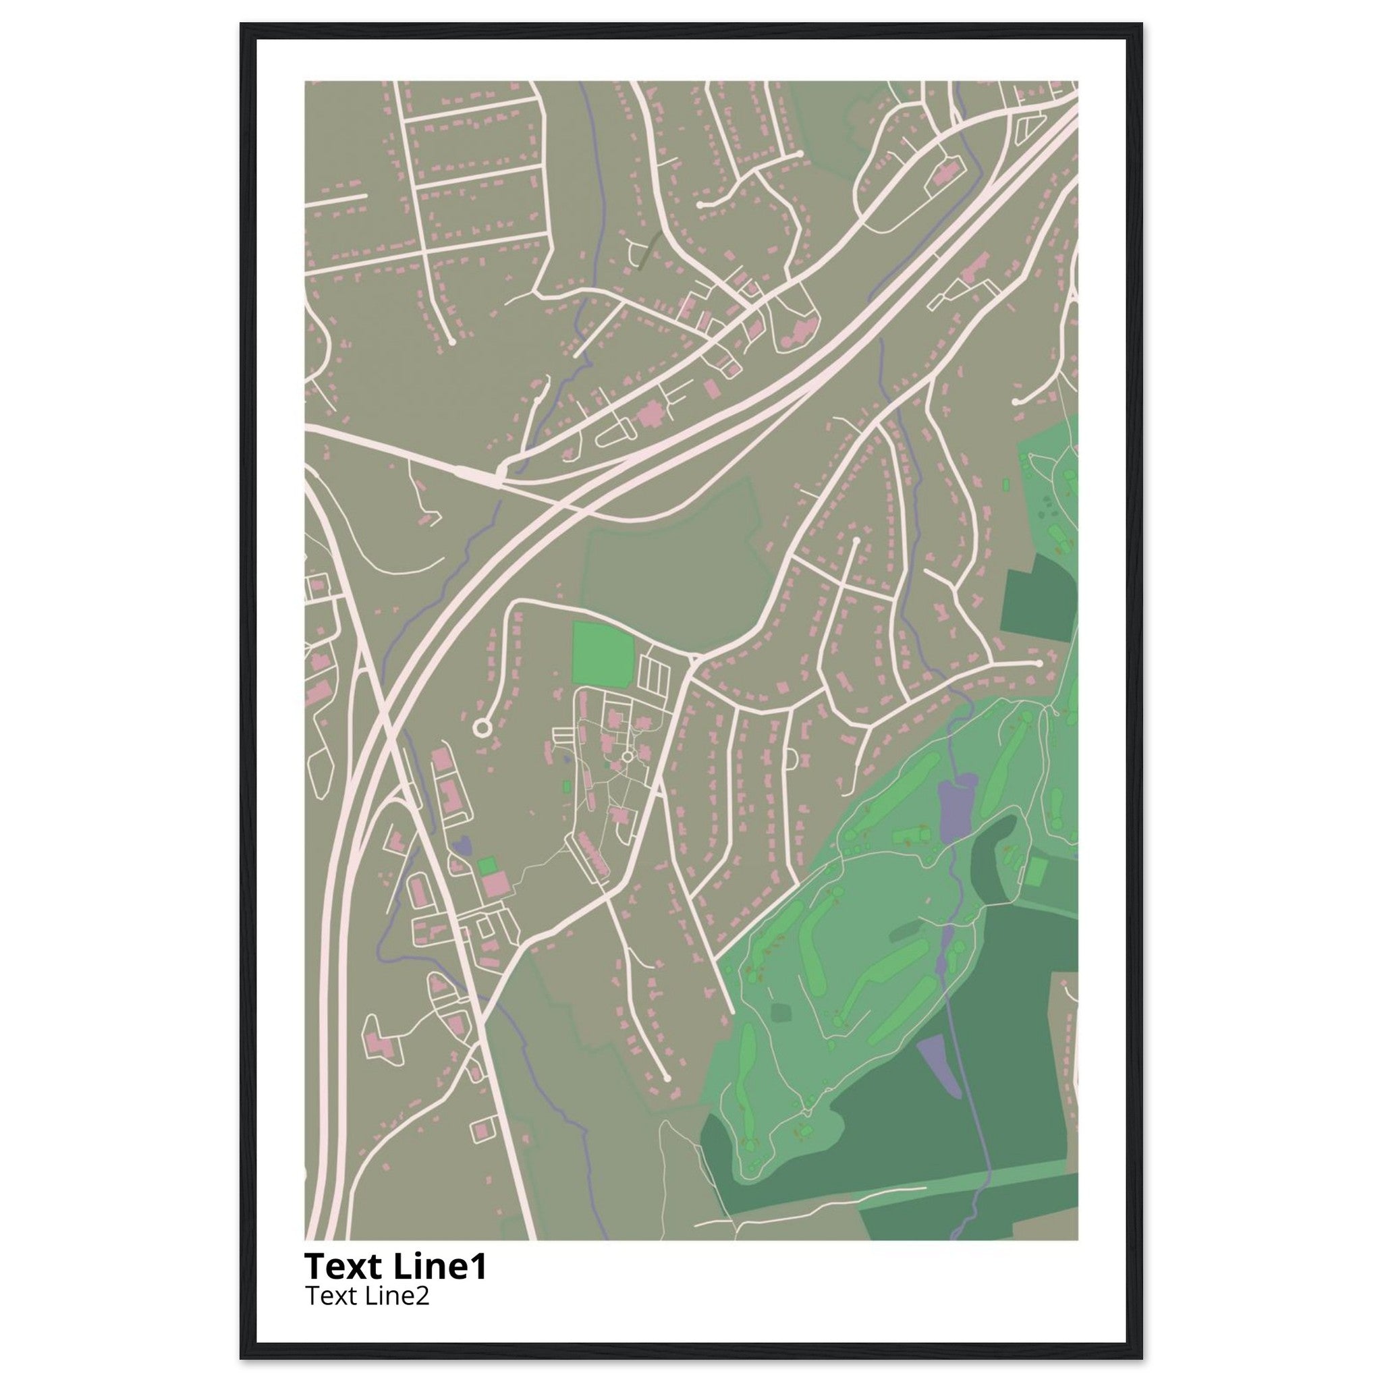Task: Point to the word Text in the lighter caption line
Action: pyautogui.click(x=331, y=1296)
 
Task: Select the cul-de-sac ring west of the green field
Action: pyautogui.click(x=481, y=728)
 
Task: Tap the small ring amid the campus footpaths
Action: pyautogui.click(x=628, y=756)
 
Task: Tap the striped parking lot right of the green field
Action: pyautogui.click(x=655, y=672)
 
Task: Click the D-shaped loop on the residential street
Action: pyautogui.click(x=790, y=758)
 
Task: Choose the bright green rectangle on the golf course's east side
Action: pyautogui.click(x=1036, y=871)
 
